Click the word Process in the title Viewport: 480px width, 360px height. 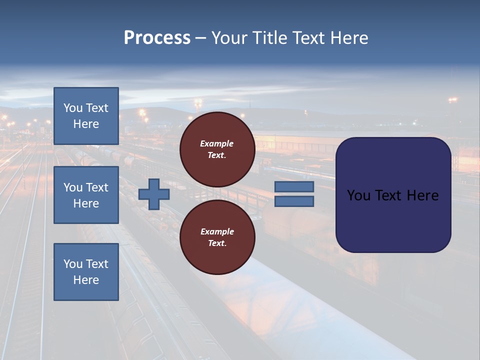[157, 38]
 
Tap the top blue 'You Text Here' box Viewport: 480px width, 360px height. [86, 116]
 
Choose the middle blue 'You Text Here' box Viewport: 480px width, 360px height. [86, 195]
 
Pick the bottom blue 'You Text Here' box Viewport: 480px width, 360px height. [86, 272]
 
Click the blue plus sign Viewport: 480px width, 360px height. [154, 194]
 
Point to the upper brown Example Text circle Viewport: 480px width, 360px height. [217, 149]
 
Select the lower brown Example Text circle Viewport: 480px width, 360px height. [217, 237]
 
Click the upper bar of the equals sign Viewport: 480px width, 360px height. [294, 187]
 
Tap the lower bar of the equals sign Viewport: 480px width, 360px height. [294, 201]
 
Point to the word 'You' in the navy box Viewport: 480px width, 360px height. [358, 195]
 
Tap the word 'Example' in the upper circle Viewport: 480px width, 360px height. [217, 143]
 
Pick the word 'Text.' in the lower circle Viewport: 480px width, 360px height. [217, 243]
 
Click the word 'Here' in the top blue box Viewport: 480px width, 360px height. [86, 124]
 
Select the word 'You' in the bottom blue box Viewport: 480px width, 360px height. [73, 264]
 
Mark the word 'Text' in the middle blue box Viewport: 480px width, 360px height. [97, 187]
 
